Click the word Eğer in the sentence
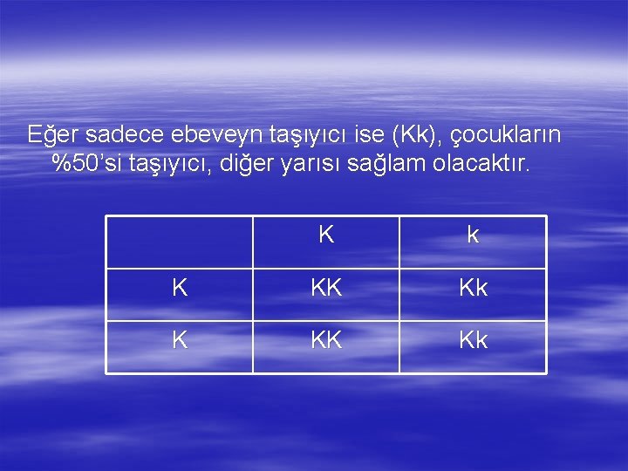click(53, 135)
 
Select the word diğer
click(253, 164)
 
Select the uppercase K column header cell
click(326, 235)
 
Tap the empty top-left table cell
click(180, 242)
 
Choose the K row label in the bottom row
click(180, 341)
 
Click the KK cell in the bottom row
click(326, 341)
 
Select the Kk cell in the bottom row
click(473, 341)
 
